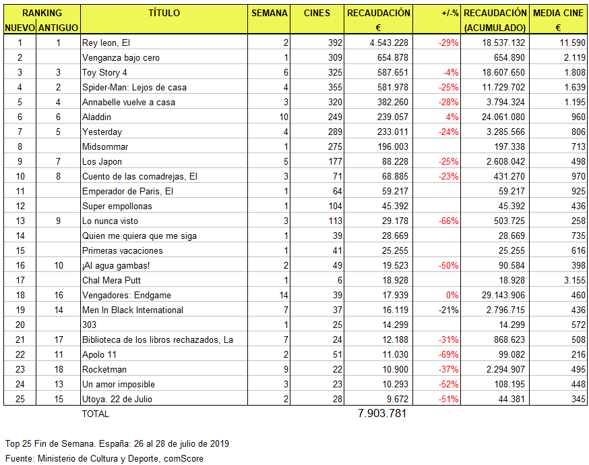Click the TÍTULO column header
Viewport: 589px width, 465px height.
[164, 13]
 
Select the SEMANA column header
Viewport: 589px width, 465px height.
[269, 13]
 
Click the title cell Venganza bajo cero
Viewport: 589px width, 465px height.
[120, 58]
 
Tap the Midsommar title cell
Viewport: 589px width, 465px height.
[104, 146]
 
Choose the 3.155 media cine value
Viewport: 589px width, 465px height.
[573, 280]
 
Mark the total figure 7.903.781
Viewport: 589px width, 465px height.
[382, 414]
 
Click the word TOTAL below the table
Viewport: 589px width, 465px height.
[95, 414]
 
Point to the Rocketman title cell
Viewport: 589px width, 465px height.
[104, 369]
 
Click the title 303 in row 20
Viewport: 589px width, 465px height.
[89, 325]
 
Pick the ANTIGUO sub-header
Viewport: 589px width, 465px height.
[59, 28]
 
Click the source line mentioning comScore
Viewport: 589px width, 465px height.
[104, 458]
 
